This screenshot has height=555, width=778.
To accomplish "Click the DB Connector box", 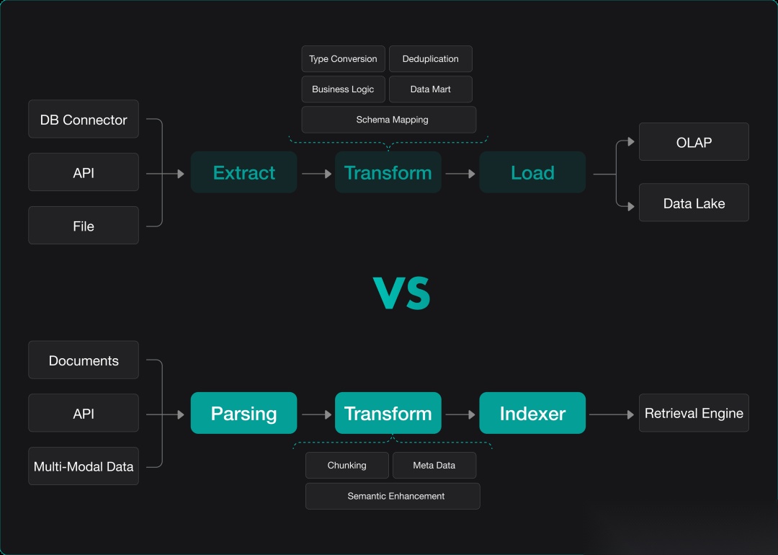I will [x=84, y=119].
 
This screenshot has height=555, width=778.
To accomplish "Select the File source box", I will [x=84, y=226].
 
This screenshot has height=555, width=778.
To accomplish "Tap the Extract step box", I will [x=243, y=172].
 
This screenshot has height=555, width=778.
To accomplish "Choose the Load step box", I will [x=532, y=172].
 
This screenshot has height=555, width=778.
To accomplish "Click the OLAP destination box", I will [x=694, y=142].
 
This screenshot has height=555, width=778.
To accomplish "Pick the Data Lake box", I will [x=694, y=203].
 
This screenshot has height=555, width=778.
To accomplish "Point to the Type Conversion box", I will [x=343, y=59].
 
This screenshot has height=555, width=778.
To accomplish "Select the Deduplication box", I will [x=430, y=59].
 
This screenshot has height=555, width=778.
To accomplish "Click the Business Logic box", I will [x=343, y=89].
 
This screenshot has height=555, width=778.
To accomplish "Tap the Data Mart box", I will [x=430, y=89].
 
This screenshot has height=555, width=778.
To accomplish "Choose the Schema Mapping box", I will [x=389, y=120].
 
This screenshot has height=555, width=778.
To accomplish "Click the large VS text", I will [x=402, y=293].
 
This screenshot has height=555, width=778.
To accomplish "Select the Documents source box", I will [x=84, y=360].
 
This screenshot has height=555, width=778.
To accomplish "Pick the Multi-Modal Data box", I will [x=84, y=466].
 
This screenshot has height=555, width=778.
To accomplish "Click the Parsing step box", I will [x=243, y=413].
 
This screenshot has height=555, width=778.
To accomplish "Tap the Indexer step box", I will [x=532, y=413].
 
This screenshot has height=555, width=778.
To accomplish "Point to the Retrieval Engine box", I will [x=694, y=413].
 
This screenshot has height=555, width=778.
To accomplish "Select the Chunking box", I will [x=347, y=466].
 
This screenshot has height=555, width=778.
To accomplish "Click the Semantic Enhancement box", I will [x=393, y=496].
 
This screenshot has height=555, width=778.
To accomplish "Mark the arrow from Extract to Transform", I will [x=316, y=174].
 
